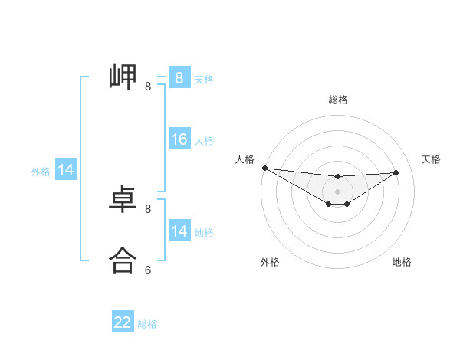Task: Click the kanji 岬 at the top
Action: coord(123,77)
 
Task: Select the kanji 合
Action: coord(123,260)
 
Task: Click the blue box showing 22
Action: coord(123,322)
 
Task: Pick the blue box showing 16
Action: coord(179,139)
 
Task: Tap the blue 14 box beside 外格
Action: coord(66,171)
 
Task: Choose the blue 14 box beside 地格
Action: coord(179,231)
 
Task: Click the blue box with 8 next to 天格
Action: coord(179,77)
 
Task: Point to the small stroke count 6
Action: coord(148,270)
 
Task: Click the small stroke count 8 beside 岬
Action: coord(148,87)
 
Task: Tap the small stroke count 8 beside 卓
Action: coord(148,208)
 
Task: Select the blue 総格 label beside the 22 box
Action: coord(147,324)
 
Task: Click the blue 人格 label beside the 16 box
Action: coord(204,141)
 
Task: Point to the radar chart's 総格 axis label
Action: coord(338,100)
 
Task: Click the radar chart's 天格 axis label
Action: coord(431,159)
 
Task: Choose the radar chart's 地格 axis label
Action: coord(402,262)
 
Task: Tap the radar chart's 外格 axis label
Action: coord(270,262)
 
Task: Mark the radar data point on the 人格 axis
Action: coord(264,168)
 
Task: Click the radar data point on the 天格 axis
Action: coord(396,172)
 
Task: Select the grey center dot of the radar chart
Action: coord(337,191)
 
